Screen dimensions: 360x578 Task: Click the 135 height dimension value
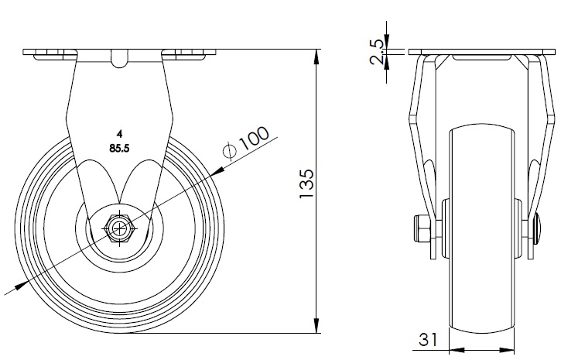click(x=306, y=185)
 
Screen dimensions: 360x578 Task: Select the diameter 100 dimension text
click(x=253, y=140)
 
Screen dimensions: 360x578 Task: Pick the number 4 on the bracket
click(x=119, y=132)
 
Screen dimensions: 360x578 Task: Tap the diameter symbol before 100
click(x=229, y=151)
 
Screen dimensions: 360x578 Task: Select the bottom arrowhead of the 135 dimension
click(x=318, y=327)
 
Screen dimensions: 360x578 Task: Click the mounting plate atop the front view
click(x=483, y=52)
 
